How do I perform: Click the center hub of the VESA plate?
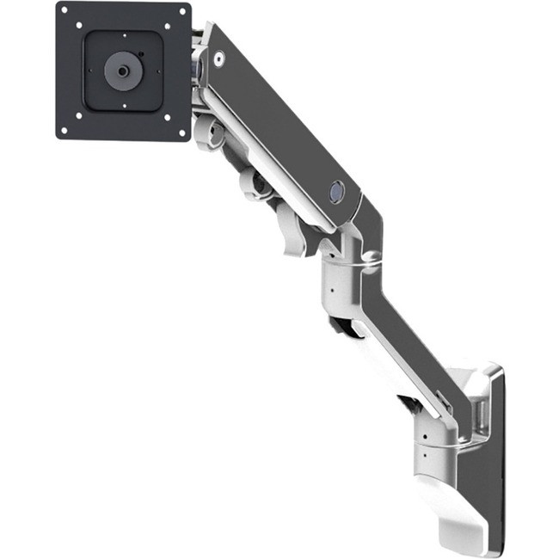(121, 71)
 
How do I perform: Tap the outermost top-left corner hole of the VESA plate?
(67, 14)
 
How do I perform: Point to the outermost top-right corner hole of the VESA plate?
(181, 13)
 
